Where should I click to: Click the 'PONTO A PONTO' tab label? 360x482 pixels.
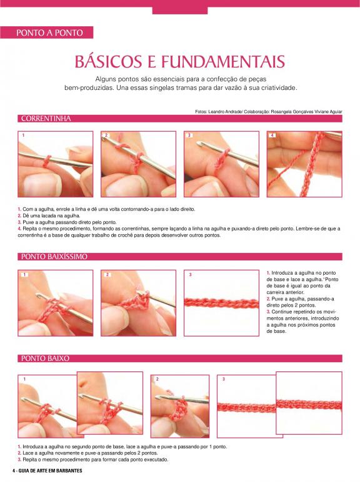(49, 32)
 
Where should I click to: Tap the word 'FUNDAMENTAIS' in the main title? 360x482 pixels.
(223, 61)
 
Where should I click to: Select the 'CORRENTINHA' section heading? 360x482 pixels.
(46, 119)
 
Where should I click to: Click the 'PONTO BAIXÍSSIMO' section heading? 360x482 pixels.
(54, 257)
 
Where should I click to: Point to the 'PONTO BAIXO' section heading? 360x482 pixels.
(45, 358)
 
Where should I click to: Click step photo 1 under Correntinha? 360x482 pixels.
(56, 164)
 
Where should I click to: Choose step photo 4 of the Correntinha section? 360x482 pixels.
(304, 164)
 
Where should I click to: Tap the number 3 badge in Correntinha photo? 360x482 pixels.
(189, 135)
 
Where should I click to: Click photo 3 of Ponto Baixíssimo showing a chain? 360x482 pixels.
(221, 303)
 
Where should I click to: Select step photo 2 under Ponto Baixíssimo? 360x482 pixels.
(139, 303)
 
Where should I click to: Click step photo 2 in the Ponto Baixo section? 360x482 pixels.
(180, 406)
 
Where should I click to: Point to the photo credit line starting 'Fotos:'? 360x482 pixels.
(269, 112)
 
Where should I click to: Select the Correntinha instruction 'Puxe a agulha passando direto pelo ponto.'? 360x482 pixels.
(67, 222)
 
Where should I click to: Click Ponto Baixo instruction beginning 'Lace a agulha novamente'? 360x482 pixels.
(87, 453)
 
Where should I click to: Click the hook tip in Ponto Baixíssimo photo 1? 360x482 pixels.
(38, 295)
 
